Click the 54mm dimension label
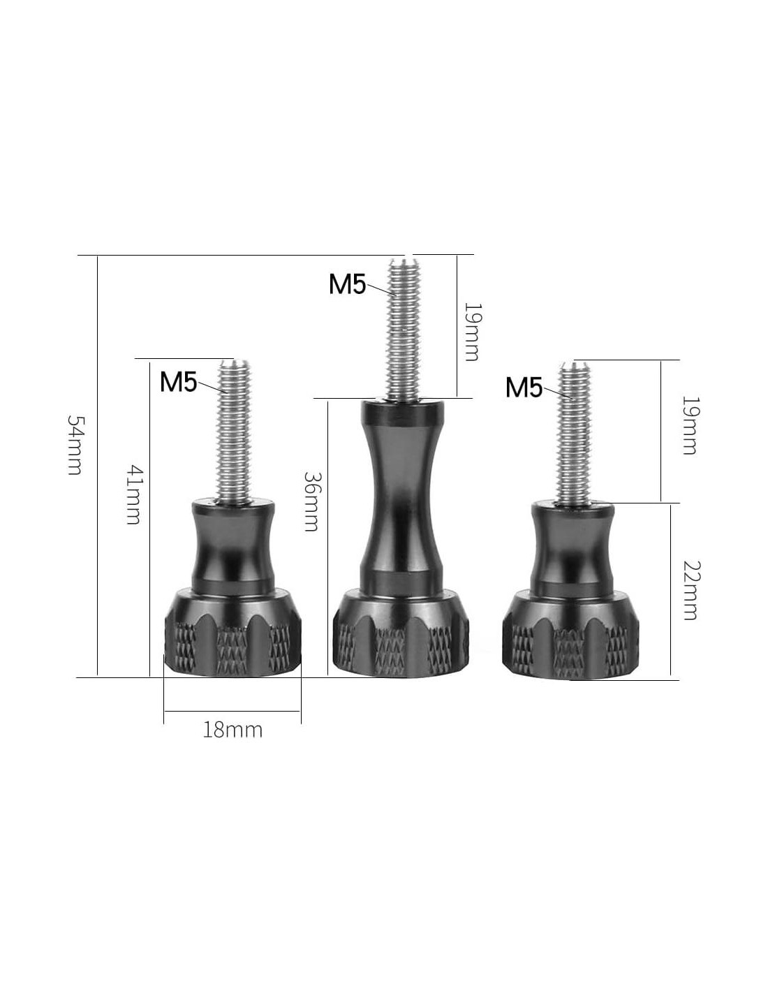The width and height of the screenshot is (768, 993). [75, 445]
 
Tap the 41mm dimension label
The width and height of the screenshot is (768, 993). [133, 494]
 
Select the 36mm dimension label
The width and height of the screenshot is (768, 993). [311, 501]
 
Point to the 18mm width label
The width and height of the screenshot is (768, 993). [232, 730]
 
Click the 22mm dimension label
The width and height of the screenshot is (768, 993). [691, 590]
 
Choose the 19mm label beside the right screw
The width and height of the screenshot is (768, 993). [689, 425]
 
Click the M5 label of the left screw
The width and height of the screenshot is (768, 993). [178, 381]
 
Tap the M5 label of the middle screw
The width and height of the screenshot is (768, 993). [347, 284]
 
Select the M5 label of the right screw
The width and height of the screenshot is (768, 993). [524, 388]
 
